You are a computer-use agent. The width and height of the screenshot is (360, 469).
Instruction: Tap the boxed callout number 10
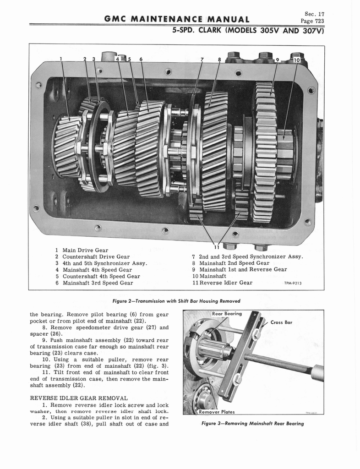tap(296, 60)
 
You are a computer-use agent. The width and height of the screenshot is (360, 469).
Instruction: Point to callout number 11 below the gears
tap(217, 247)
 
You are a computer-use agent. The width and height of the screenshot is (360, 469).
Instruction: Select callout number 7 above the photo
tap(202, 59)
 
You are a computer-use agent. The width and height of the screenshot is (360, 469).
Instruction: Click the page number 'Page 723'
tap(312, 21)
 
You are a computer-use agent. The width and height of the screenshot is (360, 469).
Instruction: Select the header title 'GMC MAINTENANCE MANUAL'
tap(177, 19)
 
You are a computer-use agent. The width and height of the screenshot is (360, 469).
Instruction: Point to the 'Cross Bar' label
tap(281, 322)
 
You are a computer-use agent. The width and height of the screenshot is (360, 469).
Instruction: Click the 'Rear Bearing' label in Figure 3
tap(227, 314)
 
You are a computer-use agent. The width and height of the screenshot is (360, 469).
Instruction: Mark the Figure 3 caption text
tap(253, 423)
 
